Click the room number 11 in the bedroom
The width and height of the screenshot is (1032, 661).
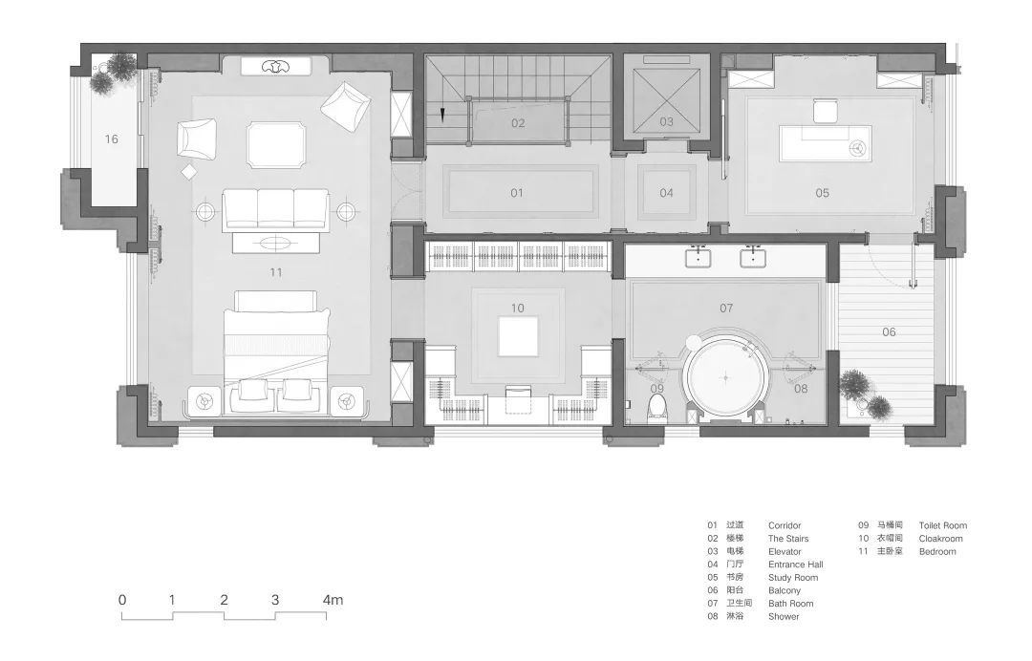(x=276, y=272)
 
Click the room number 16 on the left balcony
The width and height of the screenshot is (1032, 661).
(x=112, y=139)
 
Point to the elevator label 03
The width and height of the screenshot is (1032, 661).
(x=667, y=121)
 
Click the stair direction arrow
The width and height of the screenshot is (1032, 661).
(x=443, y=115)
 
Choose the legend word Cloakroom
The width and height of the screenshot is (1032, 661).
(x=940, y=538)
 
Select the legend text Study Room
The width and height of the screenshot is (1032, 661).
(x=793, y=578)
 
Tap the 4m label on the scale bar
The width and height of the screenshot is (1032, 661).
(x=333, y=600)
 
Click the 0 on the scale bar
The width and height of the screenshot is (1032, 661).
(x=122, y=600)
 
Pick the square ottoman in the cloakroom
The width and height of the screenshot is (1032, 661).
(x=518, y=337)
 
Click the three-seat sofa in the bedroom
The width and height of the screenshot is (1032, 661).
(x=275, y=209)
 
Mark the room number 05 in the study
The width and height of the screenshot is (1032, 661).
(x=822, y=193)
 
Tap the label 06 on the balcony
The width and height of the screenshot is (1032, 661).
(x=889, y=332)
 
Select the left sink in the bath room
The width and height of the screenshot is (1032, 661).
(x=698, y=257)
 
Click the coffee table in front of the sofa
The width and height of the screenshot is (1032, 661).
(x=276, y=243)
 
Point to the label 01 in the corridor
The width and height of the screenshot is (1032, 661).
(x=517, y=193)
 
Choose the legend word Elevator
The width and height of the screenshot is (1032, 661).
(x=785, y=551)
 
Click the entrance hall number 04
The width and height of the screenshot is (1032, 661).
(x=666, y=193)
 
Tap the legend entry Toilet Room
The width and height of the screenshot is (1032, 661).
(x=942, y=525)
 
